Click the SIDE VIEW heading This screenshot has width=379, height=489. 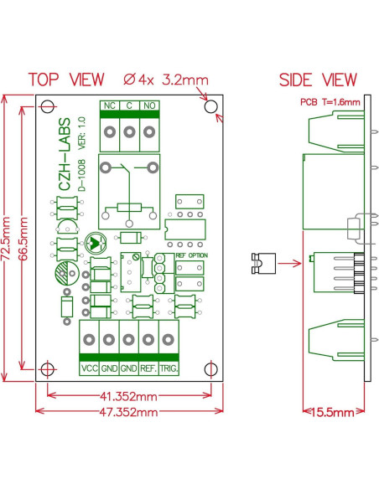pos(318,80)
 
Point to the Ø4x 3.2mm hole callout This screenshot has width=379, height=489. pos(166,80)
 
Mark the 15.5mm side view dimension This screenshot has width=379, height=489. pos(333,413)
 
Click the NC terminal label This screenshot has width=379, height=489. pos(109,106)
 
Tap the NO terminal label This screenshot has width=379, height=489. pos(148,106)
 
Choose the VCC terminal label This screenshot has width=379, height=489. pos(89,368)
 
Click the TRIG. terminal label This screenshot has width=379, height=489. pos(169,368)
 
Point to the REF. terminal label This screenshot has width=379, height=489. pos(148,368)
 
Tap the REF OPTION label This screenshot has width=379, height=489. pos(191,255)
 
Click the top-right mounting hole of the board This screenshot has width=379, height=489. pos(211,107)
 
